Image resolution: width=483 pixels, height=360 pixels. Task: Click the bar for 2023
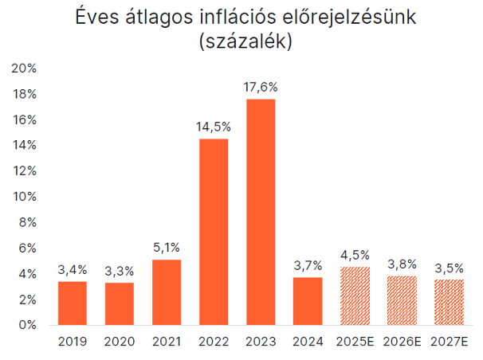coord(260,212)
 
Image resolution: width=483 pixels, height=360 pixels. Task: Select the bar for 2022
coord(213,232)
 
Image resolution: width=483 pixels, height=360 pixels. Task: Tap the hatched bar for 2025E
coord(355,296)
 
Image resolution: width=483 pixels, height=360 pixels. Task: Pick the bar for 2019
coord(72,303)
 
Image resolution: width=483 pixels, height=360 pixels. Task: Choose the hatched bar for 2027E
coord(449,303)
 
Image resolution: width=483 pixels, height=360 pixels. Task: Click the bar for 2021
coord(166,292)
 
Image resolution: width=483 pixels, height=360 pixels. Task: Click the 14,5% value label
coord(213,127)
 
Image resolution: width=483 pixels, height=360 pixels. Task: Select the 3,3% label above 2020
coord(119,271)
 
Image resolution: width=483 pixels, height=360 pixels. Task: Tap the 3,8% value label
coord(402,264)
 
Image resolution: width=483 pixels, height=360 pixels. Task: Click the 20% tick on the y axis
coord(26,68)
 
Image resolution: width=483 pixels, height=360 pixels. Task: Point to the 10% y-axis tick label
coord(26,197)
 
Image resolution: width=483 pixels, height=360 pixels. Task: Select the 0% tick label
coord(29,325)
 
